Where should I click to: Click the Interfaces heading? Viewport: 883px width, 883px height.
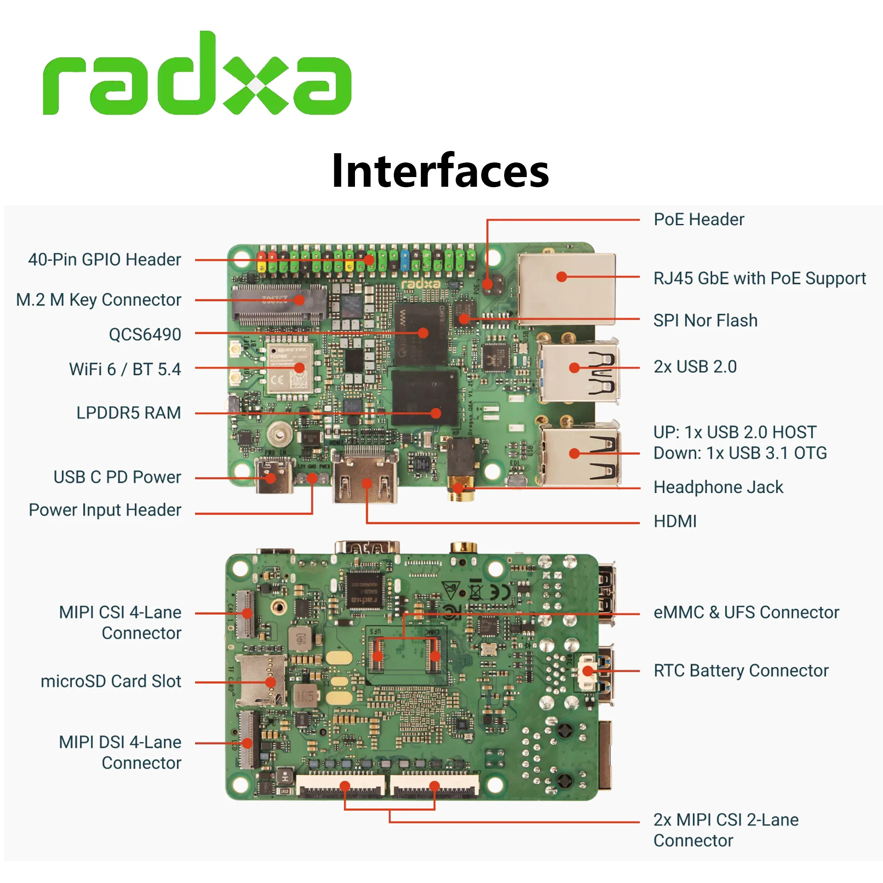(440, 171)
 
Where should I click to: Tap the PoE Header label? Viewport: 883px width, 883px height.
(698, 219)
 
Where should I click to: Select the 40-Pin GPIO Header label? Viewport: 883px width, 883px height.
(105, 260)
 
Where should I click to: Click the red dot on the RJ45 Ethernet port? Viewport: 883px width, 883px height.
(562, 276)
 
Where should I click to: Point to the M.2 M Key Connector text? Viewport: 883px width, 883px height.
(99, 300)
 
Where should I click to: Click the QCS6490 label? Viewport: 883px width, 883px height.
(144, 334)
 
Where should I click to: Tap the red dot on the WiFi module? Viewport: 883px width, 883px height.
(299, 368)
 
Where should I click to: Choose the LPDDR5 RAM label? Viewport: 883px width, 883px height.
(128, 413)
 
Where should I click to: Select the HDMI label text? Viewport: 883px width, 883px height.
(675, 521)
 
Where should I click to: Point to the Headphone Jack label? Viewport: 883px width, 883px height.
(718, 487)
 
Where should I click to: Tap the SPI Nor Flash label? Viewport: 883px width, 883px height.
(705, 321)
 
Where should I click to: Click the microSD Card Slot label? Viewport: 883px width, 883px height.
(111, 681)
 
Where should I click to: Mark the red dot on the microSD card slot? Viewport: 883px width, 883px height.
(271, 683)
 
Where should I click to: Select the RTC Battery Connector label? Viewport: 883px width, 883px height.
(740, 671)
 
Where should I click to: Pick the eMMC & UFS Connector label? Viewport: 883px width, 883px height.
(746, 612)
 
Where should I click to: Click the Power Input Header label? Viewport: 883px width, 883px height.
(105, 509)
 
